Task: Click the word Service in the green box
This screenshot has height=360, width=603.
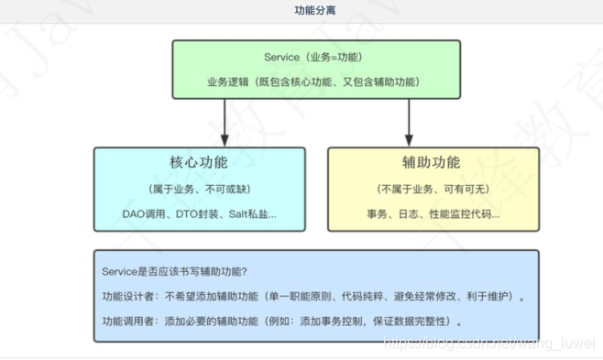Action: click(281, 57)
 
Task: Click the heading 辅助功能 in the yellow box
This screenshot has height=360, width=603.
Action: click(431, 164)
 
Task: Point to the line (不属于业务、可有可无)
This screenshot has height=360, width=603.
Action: click(431, 189)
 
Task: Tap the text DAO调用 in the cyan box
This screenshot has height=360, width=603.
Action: click(143, 213)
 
